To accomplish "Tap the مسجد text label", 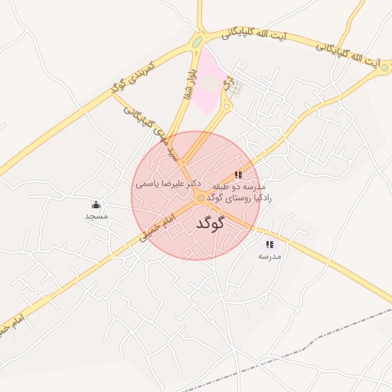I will pyautogui.click(x=96, y=217).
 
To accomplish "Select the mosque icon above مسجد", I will pyautogui.click(x=96, y=204).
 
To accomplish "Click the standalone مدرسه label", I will pyautogui.click(x=269, y=256).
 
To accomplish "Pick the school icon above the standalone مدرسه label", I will pyautogui.click(x=269, y=244).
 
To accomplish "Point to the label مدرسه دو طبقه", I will pyautogui.click(x=238, y=187).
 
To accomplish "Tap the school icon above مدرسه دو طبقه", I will pyautogui.click(x=238, y=175).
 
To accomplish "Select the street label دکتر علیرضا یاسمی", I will pyautogui.click(x=168, y=184).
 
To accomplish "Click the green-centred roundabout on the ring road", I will pyautogui.click(x=198, y=41).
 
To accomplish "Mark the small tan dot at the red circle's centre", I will pyautogui.click(x=201, y=198).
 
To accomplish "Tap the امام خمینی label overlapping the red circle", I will pyautogui.click(x=159, y=228).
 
